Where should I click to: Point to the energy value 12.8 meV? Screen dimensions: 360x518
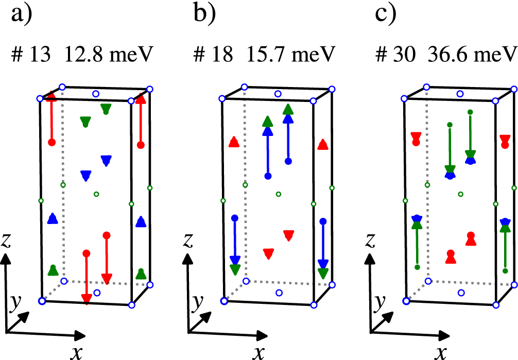108,54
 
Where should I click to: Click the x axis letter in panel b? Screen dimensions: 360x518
258,351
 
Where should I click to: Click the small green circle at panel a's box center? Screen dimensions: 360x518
96,194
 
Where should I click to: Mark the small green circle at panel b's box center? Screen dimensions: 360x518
279,194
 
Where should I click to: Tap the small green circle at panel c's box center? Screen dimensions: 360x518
461,194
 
